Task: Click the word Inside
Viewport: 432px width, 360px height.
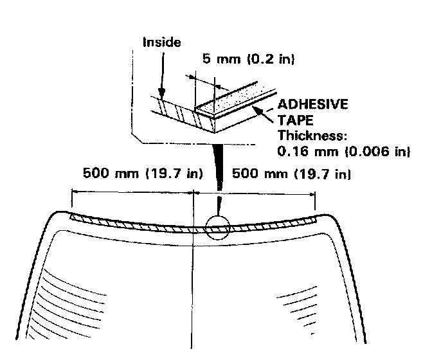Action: point(161,43)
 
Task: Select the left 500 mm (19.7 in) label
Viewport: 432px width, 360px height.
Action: point(143,174)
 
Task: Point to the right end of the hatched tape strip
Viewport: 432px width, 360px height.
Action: point(316,219)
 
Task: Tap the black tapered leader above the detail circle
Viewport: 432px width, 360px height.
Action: point(219,174)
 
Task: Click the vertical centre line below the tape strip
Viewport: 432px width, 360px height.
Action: point(194,289)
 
